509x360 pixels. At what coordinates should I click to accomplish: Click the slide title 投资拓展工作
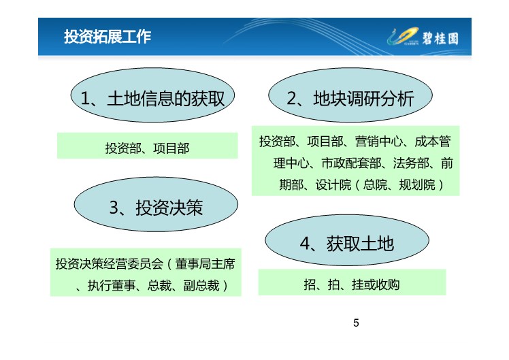pyautogui.click(x=108, y=36)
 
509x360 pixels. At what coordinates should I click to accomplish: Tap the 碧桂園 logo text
pyautogui.click(x=440, y=39)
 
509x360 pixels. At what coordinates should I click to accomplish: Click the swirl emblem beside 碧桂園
pyautogui.click(x=403, y=36)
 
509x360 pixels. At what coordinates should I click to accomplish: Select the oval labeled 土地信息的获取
pyautogui.click(x=152, y=95)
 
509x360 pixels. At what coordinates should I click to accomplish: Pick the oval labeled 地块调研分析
pyautogui.click(x=350, y=95)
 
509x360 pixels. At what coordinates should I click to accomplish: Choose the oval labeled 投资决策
pyautogui.click(x=156, y=204)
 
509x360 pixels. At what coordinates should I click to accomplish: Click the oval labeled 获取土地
pyautogui.click(x=347, y=240)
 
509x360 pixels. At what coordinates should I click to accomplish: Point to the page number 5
pyautogui.click(x=356, y=323)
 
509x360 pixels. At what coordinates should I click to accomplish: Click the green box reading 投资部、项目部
pyautogui.click(x=148, y=146)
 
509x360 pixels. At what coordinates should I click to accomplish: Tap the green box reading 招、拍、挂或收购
pyautogui.click(x=352, y=282)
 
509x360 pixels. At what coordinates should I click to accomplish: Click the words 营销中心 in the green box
pyautogui.click(x=379, y=142)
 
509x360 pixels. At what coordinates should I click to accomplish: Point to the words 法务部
pyautogui.click(x=411, y=163)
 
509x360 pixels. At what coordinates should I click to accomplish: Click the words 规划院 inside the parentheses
pyautogui.click(x=417, y=185)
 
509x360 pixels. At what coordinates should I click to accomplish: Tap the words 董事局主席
pyautogui.click(x=205, y=264)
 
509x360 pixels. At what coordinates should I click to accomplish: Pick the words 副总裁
pyautogui.click(x=201, y=286)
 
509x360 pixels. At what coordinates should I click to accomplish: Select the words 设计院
pyautogui.click(x=333, y=185)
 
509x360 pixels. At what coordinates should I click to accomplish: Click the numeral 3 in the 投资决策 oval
pyautogui.click(x=114, y=208)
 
